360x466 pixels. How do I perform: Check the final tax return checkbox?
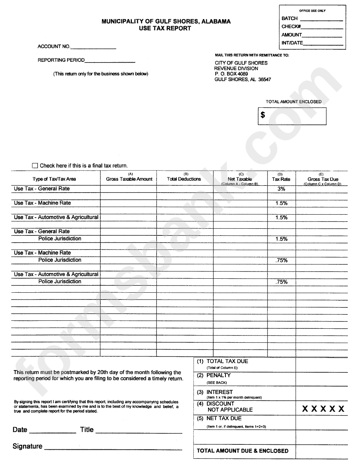click(x=35, y=166)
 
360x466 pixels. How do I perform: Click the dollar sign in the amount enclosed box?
click(x=263, y=115)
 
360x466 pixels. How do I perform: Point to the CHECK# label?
click(x=291, y=27)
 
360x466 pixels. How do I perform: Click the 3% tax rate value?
click(x=281, y=188)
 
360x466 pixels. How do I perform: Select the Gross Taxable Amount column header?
click(x=129, y=179)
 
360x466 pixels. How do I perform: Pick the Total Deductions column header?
click(x=184, y=179)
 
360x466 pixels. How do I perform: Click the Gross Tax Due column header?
click(x=323, y=179)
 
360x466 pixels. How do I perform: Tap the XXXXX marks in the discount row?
click(x=323, y=409)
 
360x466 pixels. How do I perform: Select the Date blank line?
click(x=52, y=431)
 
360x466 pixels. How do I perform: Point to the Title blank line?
click(x=139, y=431)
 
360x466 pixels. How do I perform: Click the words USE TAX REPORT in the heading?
click(x=166, y=28)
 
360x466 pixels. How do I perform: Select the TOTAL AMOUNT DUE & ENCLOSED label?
click(x=243, y=451)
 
